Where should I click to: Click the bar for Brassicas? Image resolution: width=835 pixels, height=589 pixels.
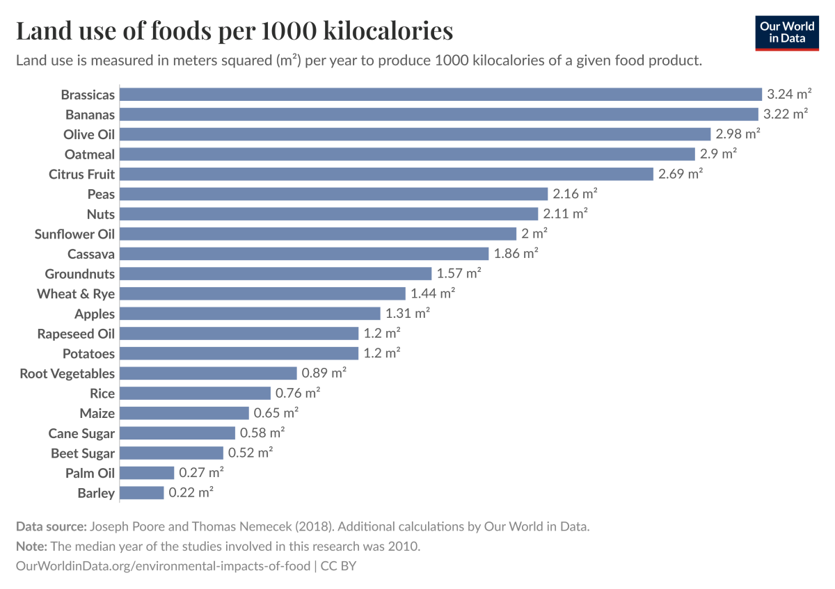click(x=441, y=95)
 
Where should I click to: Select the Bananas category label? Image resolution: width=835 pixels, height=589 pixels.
click(x=90, y=114)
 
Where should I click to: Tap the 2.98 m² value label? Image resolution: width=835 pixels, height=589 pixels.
click(x=738, y=134)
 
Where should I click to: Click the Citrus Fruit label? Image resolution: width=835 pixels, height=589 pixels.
click(x=81, y=174)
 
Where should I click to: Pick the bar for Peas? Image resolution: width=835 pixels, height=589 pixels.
click(x=334, y=194)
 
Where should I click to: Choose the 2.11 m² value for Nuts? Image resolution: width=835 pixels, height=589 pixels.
click(x=566, y=214)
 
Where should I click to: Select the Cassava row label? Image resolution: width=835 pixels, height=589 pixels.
click(x=91, y=254)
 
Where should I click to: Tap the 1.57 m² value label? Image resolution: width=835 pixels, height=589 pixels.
click(x=459, y=274)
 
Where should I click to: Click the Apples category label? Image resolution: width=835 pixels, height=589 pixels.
click(x=95, y=314)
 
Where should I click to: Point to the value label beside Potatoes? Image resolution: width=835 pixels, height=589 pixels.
click(x=382, y=353)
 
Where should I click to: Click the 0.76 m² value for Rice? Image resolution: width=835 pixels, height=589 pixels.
click(x=298, y=394)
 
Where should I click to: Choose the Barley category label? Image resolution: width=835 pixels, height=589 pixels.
click(x=96, y=493)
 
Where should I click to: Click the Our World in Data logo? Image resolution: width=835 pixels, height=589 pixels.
click(x=787, y=32)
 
